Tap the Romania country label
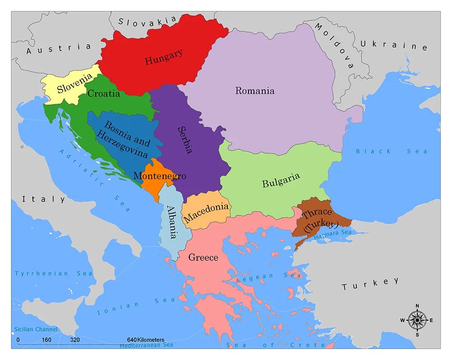(254, 91)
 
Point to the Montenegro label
(160, 176)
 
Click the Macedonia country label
(206, 212)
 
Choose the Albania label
(172, 222)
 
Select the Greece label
(203, 258)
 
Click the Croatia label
(104, 94)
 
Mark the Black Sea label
(391, 151)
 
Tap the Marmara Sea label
(333, 232)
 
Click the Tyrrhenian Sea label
(53, 273)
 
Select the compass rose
(417, 320)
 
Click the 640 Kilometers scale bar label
(146, 340)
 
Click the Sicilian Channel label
(35, 329)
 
